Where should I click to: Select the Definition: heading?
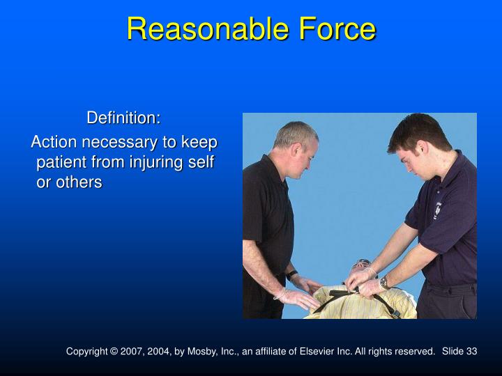(x=123, y=118)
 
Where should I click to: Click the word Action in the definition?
(x=54, y=142)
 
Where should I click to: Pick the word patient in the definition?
(x=62, y=162)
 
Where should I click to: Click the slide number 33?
(x=471, y=352)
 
